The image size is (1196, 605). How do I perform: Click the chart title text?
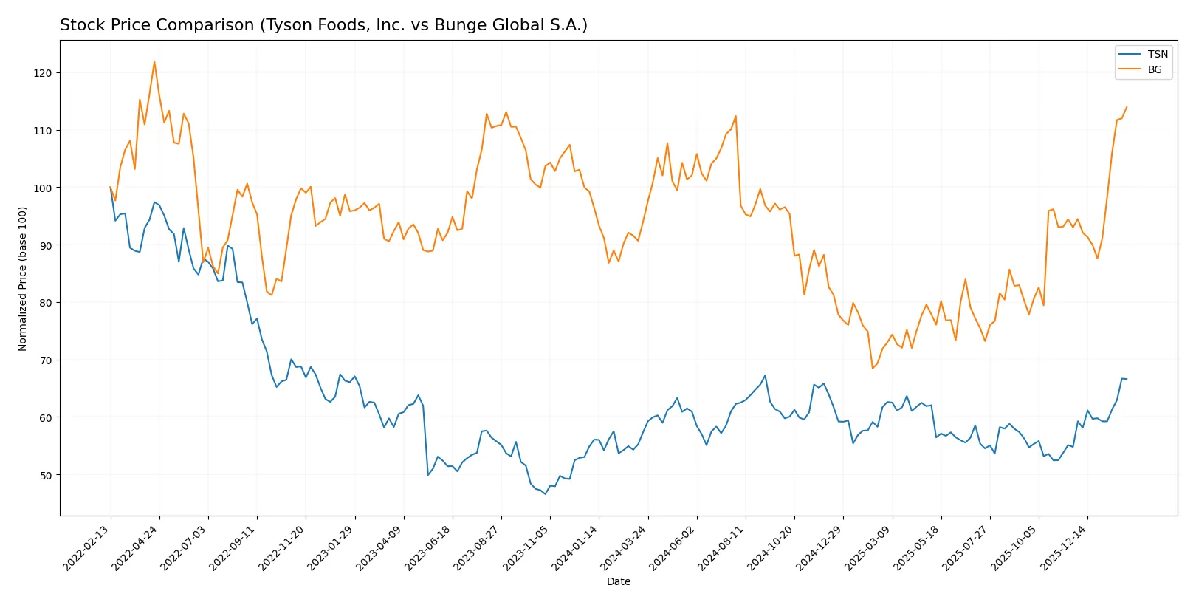click(x=323, y=25)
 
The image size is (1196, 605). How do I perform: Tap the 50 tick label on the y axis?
click(x=46, y=475)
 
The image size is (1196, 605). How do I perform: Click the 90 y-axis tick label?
click(x=46, y=245)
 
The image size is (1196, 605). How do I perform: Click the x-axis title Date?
click(x=618, y=581)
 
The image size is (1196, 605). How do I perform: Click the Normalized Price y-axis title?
click(x=23, y=278)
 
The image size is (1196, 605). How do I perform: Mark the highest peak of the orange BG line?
click(x=154, y=61)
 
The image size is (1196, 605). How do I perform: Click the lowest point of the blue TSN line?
click(x=546, y=493)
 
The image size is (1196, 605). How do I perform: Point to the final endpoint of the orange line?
click(x=1127, y=107)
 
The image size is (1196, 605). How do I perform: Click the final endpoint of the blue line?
click(x=1127, y=379)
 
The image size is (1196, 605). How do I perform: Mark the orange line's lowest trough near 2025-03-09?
click(x=873, y=368)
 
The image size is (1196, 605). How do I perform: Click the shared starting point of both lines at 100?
click(x=111, y=188)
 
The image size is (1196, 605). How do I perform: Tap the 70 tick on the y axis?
click(x=46, y=360)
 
